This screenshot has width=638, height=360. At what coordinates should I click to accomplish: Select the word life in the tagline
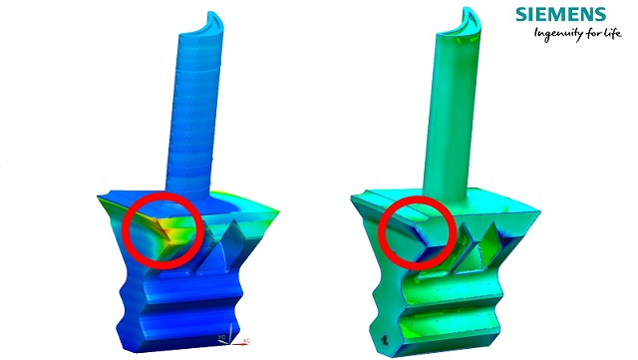pos(595,36)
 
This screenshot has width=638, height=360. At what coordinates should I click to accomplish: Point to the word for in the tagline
pos(575,37)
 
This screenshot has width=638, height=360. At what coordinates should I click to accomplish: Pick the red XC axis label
pos(246,339)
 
